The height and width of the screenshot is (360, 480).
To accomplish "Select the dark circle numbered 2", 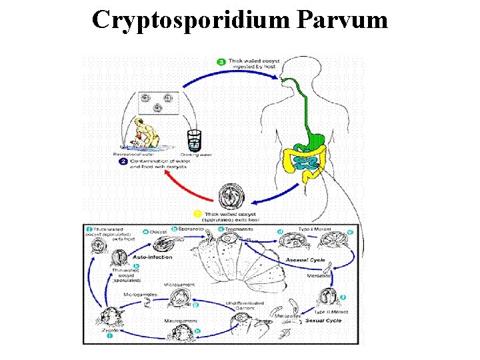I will point(123,161).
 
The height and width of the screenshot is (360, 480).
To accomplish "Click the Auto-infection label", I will point(153,256).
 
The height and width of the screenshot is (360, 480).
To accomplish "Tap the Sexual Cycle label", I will point(325,320).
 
